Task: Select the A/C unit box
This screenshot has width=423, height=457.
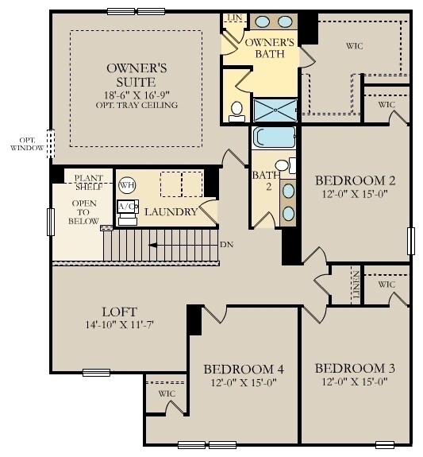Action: tap(126, 207)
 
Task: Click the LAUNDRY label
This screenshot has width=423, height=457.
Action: tap(171, 212)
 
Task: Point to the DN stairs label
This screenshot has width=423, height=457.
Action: tap(227, 245)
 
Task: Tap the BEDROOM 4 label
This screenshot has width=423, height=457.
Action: tap(244, 369)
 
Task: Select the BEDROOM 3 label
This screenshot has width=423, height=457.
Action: tap(355, 369)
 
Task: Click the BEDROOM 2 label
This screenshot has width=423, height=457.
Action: tap(355, 180)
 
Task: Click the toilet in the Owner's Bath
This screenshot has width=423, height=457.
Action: tap(236, 112)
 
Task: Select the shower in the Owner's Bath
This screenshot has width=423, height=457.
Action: tap(275, 110)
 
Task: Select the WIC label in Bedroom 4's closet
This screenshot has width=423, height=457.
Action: tap(167, 393)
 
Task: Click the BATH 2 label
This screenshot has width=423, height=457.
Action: tap(263, 180)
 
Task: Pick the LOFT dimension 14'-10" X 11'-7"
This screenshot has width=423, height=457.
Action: tap(119, 326)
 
